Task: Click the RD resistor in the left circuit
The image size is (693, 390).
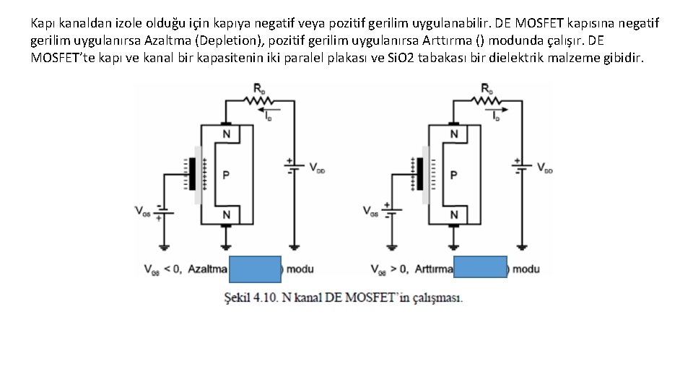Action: pyautogui.click(x=258, y=101)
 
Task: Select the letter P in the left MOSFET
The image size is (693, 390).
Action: pyautogui.click(x=226, y=175)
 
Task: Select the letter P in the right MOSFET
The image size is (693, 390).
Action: pyautogui.click(x=453, y=175)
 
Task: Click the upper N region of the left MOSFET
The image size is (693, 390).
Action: pyautogui.click(x=226, y=134)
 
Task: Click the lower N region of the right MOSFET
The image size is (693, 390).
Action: pyautogui.click(x=454, y=215)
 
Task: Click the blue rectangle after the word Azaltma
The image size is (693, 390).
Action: pyautogui.click(x=254, y=269)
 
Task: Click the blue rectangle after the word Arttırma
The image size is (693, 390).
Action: pyautogui.click(x=481, y=269)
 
